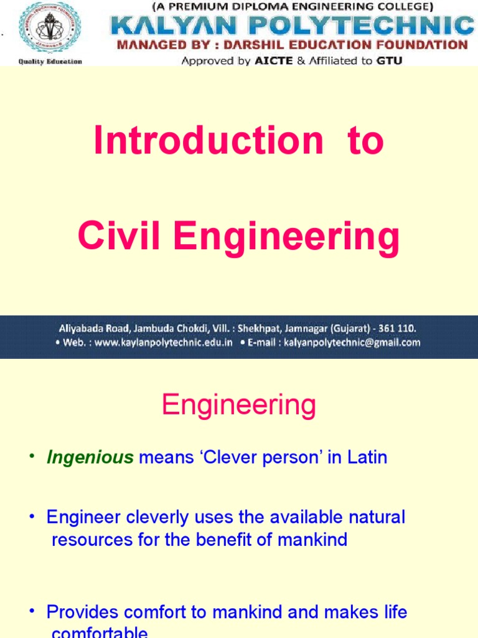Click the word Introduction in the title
click(209, 141)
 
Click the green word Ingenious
click(90, 458)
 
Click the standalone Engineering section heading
click(239, 406)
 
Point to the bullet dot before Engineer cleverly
click(33, 517)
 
